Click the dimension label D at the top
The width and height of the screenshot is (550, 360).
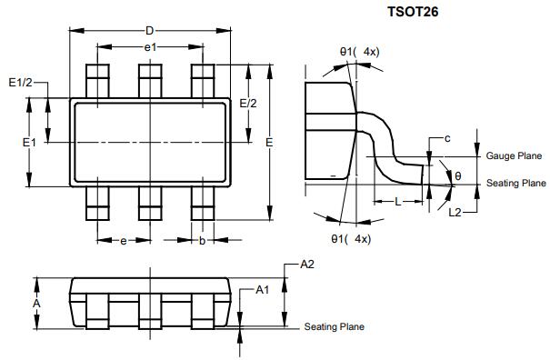149,31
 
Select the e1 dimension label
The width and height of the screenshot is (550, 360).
151,46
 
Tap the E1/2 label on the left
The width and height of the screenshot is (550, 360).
20,83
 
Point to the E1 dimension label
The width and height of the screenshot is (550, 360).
29,143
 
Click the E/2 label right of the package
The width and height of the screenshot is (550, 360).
248,104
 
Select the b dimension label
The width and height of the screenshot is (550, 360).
202,241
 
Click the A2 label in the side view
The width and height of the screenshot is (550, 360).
306,265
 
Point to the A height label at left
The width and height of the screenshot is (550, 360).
36,302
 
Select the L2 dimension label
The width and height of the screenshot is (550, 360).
456,212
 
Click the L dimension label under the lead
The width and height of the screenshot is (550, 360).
397,201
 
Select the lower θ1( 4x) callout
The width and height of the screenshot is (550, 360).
351,238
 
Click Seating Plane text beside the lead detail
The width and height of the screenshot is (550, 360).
515,184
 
